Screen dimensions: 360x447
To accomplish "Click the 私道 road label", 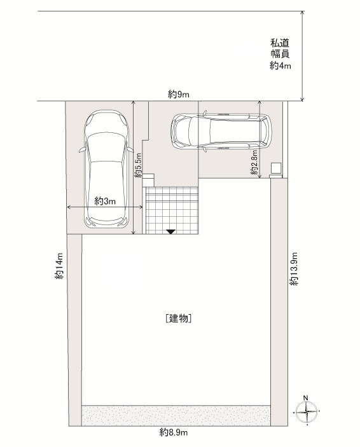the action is pyautogui.click(x=280, y=43).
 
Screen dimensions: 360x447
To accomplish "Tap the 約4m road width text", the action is pyautogui.click(x=280, y=66).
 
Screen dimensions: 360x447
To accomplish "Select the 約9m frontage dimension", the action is pyautogui.click(x=178, y=94).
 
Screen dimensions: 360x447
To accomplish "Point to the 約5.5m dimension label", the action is pyautogui.click(x=139, y=165).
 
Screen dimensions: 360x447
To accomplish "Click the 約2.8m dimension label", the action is pyautogui.click(x=254, y=163).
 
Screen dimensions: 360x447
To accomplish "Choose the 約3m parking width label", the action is pyautogui.click(x=105, y=202).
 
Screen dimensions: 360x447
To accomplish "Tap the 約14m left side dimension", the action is pyautogui.click(x=60, y=266).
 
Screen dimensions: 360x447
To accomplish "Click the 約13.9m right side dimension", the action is pyautogui.click(x=294, y=268).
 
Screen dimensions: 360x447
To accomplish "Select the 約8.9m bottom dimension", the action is pyautogui.click(x=174, y=432).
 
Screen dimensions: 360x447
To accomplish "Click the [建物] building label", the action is pyautogui.click(x=178, y=318).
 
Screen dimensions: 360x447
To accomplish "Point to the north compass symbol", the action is pyautogui.click(x=307, y=411).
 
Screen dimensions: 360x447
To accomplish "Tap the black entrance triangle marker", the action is pyautogui.click(x=171, y=232).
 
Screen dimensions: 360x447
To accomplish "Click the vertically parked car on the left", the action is pyautogui.click(x=106, y=169).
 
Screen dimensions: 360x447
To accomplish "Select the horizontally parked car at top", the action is pyautogui.click(x=221, y=132).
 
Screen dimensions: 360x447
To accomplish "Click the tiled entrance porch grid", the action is pyautogui.click(x=172, y=210).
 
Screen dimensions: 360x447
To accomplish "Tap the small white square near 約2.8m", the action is pyautogui.click(x=276, y=168).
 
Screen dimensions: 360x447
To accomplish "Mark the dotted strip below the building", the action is pyautogui.click(x=176, y=416).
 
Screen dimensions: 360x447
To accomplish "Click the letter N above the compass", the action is pyautogui.click(x=305, y=397).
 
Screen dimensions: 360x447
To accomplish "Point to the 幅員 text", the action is pyautogui.click(x=280, y=54).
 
